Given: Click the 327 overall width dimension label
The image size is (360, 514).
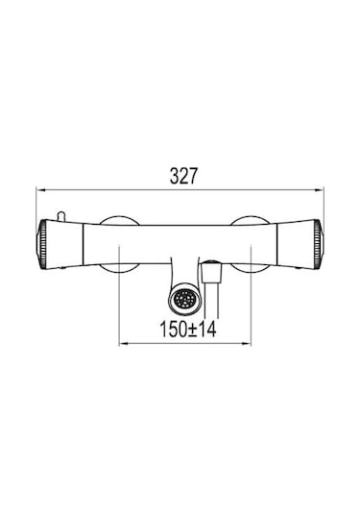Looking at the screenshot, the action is click(183, 176).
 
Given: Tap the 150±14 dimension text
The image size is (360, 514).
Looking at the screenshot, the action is click(188, 330).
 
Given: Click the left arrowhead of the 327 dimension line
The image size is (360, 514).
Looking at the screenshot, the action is click(40, 190).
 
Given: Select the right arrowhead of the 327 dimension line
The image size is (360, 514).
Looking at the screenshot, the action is click(320, 190).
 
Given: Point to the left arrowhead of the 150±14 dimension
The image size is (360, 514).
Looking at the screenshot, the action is click(123, 344).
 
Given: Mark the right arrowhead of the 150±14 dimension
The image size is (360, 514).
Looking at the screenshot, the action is click(247, 344).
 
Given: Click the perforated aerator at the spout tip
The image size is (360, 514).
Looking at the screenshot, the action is click(183, 299).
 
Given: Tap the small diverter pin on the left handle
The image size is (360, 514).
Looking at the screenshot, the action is click(61, 216).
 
